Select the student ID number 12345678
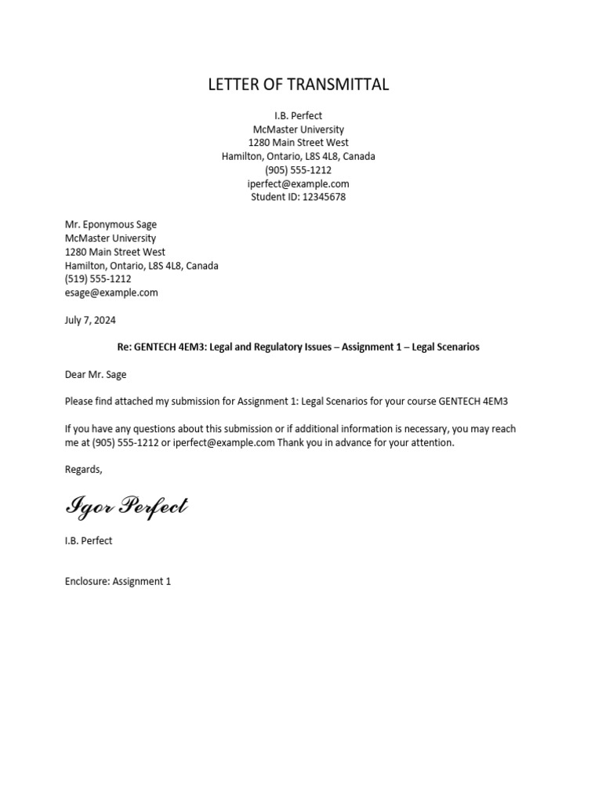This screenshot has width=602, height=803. [x=324, y=197]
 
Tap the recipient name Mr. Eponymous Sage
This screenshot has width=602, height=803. [x=111, y=224]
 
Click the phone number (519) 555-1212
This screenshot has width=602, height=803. [x=98, y=278]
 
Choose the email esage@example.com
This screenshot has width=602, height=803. [x=111, y=292]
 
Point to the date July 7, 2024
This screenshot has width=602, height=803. [x=90, y=320]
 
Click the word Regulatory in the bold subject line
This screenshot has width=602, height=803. [x=297, y=347]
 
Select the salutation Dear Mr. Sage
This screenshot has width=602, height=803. [x=96, y=374]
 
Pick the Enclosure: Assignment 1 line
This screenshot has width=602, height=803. [x=118, y=581]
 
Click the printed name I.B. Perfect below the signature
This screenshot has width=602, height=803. [x=89, y=540]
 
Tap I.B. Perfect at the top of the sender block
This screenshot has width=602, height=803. [x=298, y=116]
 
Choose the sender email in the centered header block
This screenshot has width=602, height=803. [x=298, y=183]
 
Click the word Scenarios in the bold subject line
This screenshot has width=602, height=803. [x=455, y=347]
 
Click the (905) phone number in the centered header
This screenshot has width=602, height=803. [x=298, y=170]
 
